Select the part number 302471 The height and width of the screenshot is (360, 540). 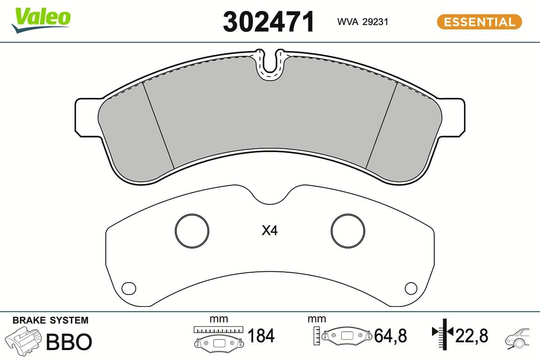tap(269, 22)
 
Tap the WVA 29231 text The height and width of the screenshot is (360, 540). tap(363, 22)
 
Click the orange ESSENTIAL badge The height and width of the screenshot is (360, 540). tap(479, 22)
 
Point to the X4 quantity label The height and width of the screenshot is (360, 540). tap(270, 231)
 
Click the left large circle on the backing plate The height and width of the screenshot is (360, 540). tap(192, 231)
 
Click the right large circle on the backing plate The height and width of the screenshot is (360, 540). tap(347, 231)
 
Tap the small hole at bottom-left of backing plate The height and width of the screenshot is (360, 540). tap(129, 287)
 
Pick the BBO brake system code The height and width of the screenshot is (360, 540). tap(69, 342)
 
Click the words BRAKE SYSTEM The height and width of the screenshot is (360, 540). tap(50, 320)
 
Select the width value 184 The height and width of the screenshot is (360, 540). tap(261, 336)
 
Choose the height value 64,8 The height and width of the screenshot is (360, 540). tap(390, 336)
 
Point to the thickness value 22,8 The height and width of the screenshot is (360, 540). tap(472, 336)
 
